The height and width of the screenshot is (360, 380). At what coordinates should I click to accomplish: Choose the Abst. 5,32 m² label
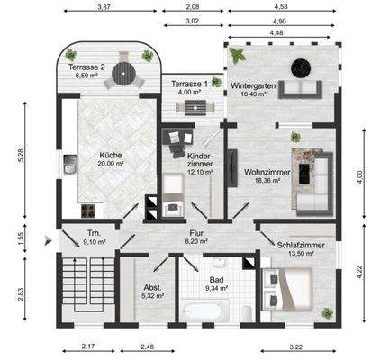click(152, 290)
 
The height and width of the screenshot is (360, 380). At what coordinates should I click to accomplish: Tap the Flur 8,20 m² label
click(196, 237)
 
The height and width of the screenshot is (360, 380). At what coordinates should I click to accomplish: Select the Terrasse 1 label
click(189, 87)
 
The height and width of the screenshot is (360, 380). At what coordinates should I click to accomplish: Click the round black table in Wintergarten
click(297, 66)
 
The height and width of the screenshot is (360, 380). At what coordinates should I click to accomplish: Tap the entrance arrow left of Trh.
click(49, 239)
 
